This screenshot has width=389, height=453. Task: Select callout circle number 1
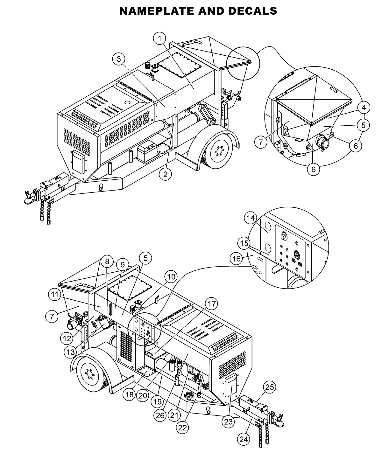coord(160,39)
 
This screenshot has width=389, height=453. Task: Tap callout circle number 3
coord(119,59)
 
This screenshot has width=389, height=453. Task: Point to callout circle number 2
coord(166,174)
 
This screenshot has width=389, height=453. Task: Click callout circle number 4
coord(364,107)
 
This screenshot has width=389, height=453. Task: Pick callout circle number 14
coord(251,218)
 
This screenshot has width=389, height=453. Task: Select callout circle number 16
coord(236,259)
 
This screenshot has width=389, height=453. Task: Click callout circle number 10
coord(171,277)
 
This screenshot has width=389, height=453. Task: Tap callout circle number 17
coord(212,304)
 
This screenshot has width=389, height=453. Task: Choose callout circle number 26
coord(160,415)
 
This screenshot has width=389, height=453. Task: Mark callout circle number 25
coord(269,387)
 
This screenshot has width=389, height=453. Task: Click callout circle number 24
coord(244,439)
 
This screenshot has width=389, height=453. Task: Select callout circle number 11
coord(55,295)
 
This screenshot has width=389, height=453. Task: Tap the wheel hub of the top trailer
coord(218,150)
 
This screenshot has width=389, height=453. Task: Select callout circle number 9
coord(122,265)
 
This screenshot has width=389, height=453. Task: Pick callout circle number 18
coord(129,394)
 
